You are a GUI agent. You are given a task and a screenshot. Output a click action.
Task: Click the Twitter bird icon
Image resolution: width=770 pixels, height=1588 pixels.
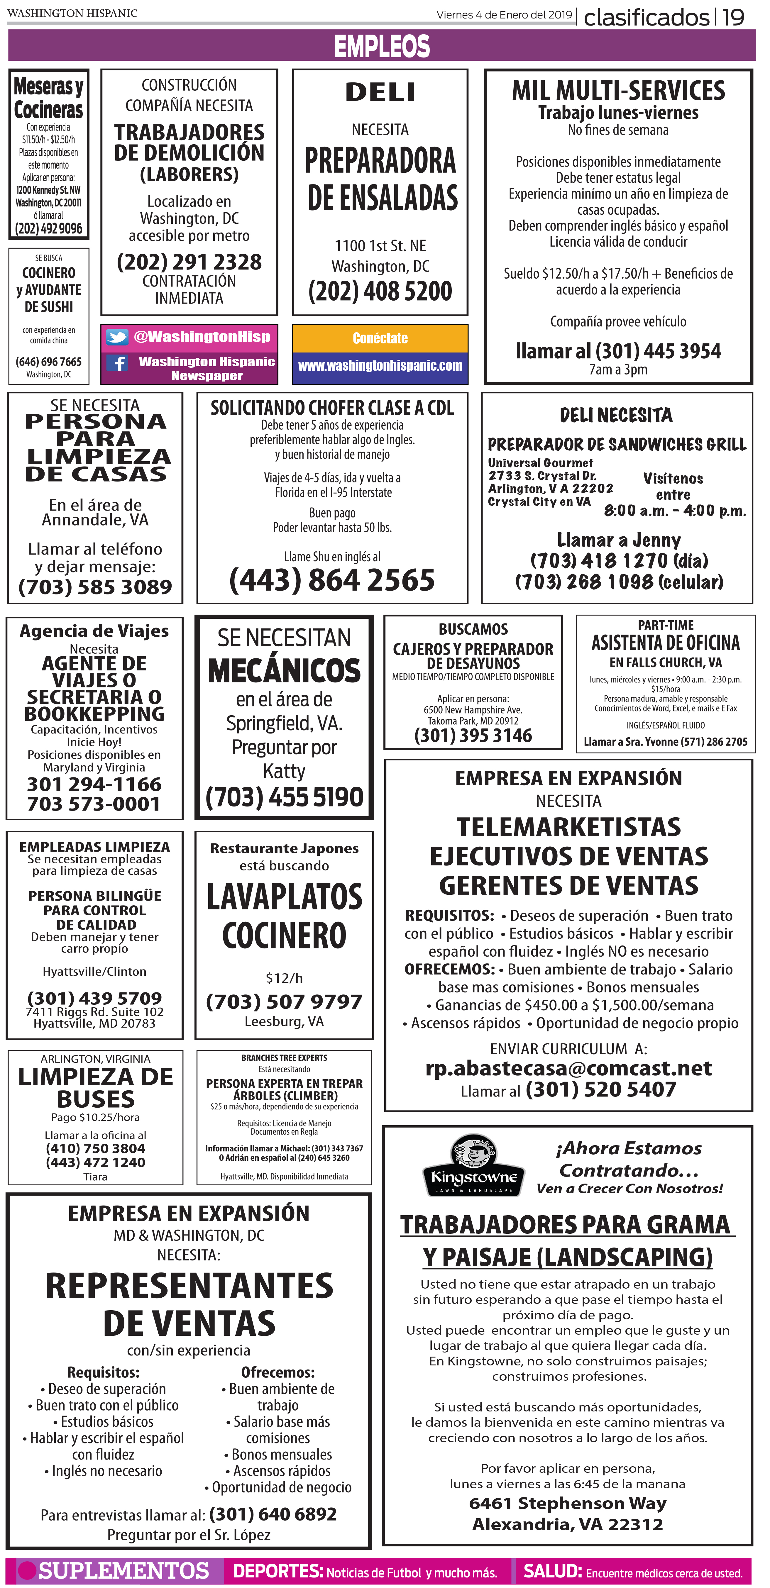(x=117, y=337)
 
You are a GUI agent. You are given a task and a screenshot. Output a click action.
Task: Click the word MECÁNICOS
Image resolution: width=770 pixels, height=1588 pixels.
(x=284, y=671)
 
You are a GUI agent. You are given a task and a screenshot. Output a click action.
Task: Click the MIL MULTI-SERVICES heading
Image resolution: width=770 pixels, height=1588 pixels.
(x=618, y=91)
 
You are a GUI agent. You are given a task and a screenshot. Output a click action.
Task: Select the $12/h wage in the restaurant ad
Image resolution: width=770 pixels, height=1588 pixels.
(x=284, y=978)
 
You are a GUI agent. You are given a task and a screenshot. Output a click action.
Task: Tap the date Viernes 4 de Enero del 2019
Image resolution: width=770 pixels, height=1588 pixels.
(x=504, y=15)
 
